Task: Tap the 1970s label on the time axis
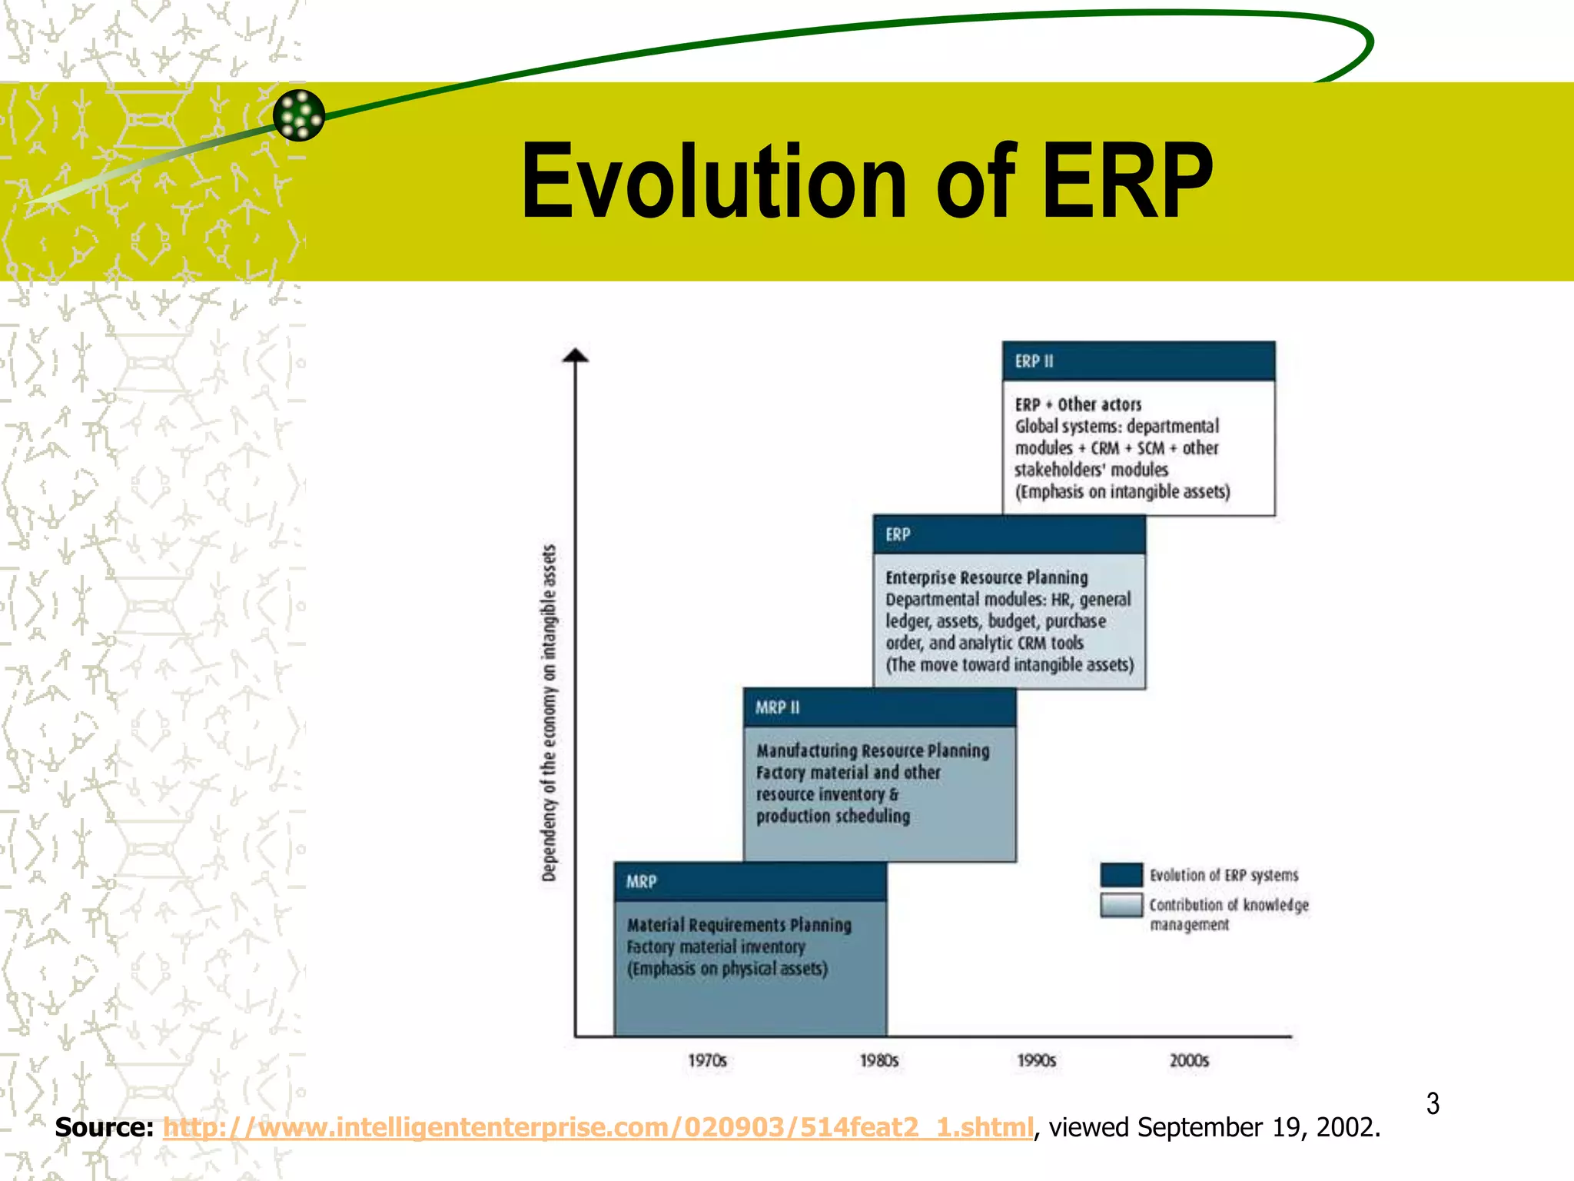pyautogui.click(x=707, y=1061)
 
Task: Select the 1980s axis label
pyautogui.click(x=878, y=1061)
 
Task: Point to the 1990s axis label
pyautogui.click(x=1037, y=1061)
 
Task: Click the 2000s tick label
pyautogui.click(x=1189, y=1061)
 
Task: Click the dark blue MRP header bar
pyautogui.click(x=750, y=882)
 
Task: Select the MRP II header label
pyautogui.click(x=777, y=708)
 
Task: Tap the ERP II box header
pyautogui.click(x=1138, y=361)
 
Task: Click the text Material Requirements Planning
pyautogui.click(x=739, y=925)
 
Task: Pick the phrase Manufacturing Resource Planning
pyautogui.click(x=872, y=751)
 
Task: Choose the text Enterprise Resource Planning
pyautogui.click(x=986, y=578)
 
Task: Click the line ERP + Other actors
pyautogui.click(x=1078, y=404)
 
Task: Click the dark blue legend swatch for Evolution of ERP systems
pyautogui.click(x=1121, y=875)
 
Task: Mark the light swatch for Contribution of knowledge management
pyautogui.click(x=1121, y=905)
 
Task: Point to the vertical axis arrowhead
pyautogui.click(x=576, y=355)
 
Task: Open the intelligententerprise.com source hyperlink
pyautogui.click(x=598, y=1128)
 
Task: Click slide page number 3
pyautogui.click(x=1433, y=1104)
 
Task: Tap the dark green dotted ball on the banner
pyautogui.click(x=299, y=115)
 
